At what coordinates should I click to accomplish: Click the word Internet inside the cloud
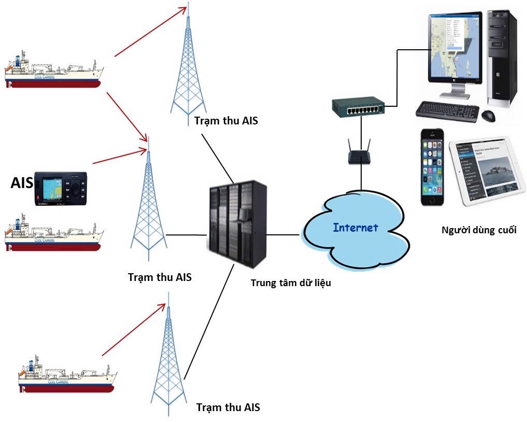click(x=355, y=228)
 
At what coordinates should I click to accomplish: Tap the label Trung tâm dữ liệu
click(x=291, y=283)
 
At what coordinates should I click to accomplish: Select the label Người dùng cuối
click(x=479, y=230)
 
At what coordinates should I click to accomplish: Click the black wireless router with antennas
click(x=360, y=156)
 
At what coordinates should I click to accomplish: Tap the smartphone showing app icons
click(x=433, y=167)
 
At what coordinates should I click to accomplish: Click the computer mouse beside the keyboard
click(x=488, y=115)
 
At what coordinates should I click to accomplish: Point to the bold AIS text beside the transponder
click(x=21, y=182)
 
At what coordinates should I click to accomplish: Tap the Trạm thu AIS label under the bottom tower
click(x=228, y=407)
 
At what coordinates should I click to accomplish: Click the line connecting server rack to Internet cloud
click(x=283, y=234)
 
